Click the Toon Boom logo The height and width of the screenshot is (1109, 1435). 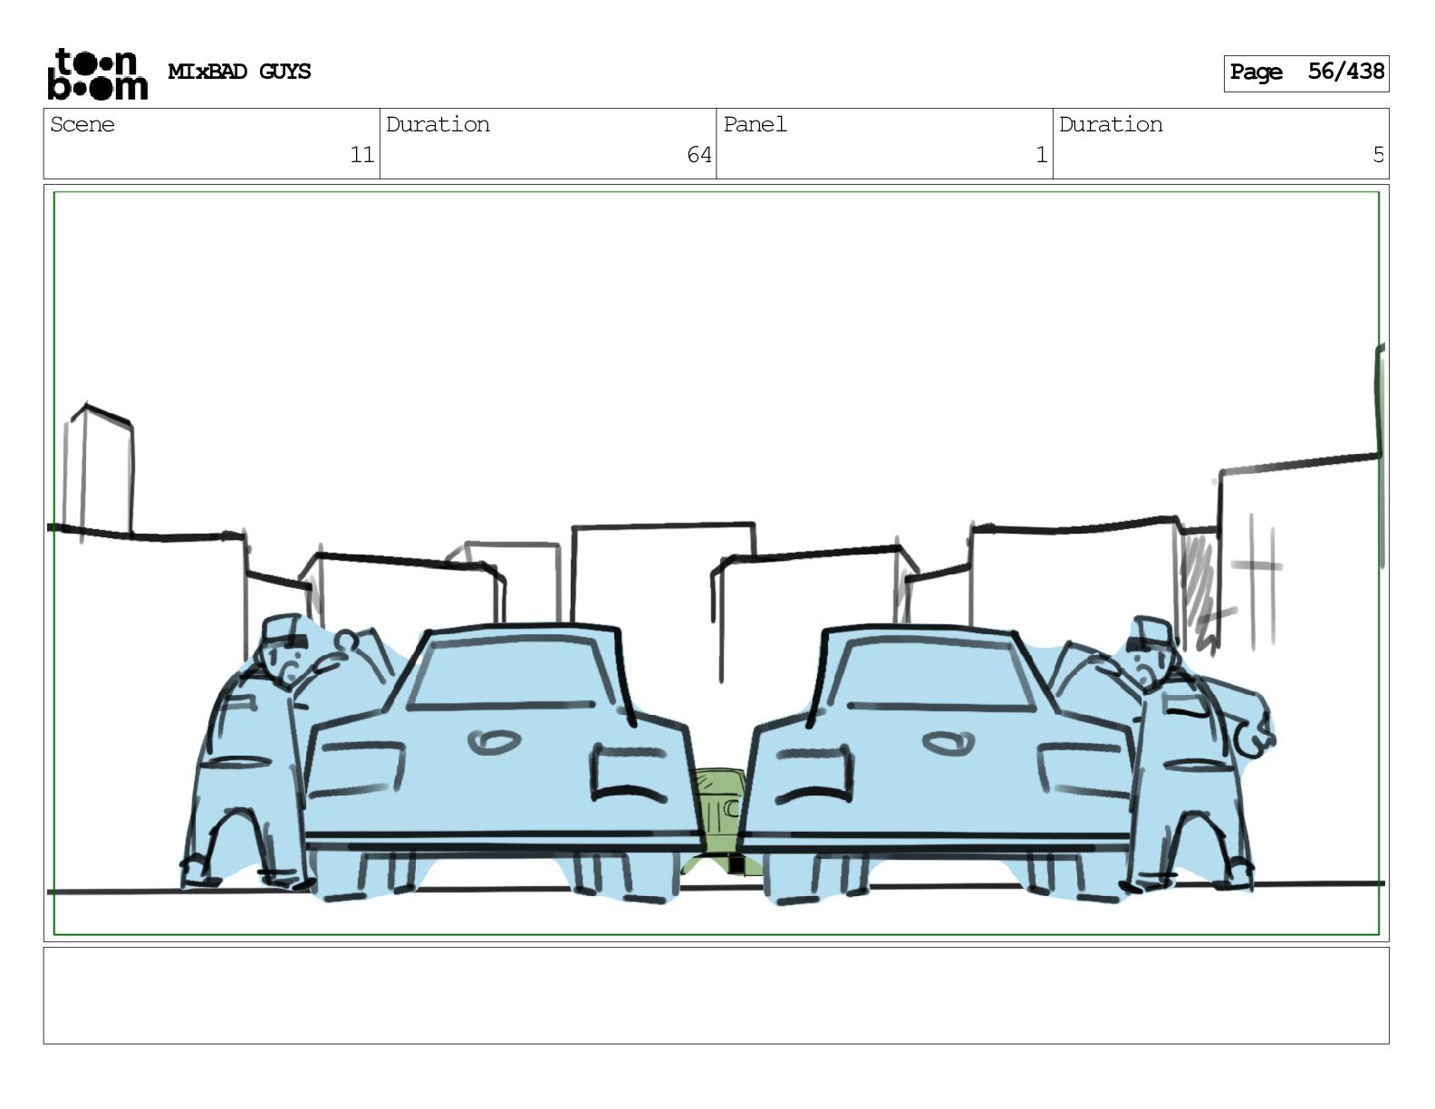[x=97, y=73]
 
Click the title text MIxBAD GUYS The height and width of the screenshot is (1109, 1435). [x=239, y=72]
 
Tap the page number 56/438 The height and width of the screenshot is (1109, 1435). [x=1345, y=72]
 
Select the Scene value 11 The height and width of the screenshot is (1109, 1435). [x=362, y=155]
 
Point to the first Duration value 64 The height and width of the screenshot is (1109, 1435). [x=698, y=155]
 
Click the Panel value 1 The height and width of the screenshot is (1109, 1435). [x=1041, y=155]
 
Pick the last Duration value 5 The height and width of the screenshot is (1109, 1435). [x=1378, y=155]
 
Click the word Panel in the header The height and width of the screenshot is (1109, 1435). [x=755, y=124]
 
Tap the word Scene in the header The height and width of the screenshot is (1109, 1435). [x=82, y=124]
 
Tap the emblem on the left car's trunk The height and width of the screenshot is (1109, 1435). [x=492, y=743]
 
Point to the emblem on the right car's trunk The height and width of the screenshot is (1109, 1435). [x=948, y=743]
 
